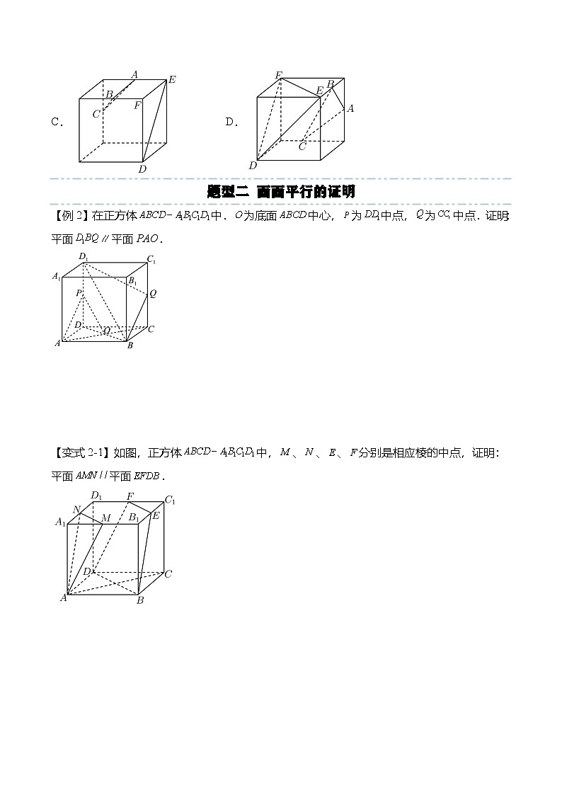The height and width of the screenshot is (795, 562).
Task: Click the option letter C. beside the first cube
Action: coord(57,122)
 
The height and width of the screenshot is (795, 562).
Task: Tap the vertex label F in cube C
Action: coord(137,105)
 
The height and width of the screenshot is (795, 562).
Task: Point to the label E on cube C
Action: coord(172,80)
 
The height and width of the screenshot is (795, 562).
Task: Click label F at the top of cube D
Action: coord(279,75)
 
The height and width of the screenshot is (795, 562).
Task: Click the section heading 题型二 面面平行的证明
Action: coord(281,191)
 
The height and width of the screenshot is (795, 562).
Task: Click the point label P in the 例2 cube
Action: coord(79,293)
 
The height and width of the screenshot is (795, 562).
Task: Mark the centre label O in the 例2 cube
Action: coord(107,330)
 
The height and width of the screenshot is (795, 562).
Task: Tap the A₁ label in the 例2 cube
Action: coord(57,277)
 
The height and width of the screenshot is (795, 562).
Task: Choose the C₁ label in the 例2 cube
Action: coord(151,260)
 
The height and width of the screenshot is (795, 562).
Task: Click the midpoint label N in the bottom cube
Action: coord(76,509)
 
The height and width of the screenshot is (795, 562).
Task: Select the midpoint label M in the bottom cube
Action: coord(105,519)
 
